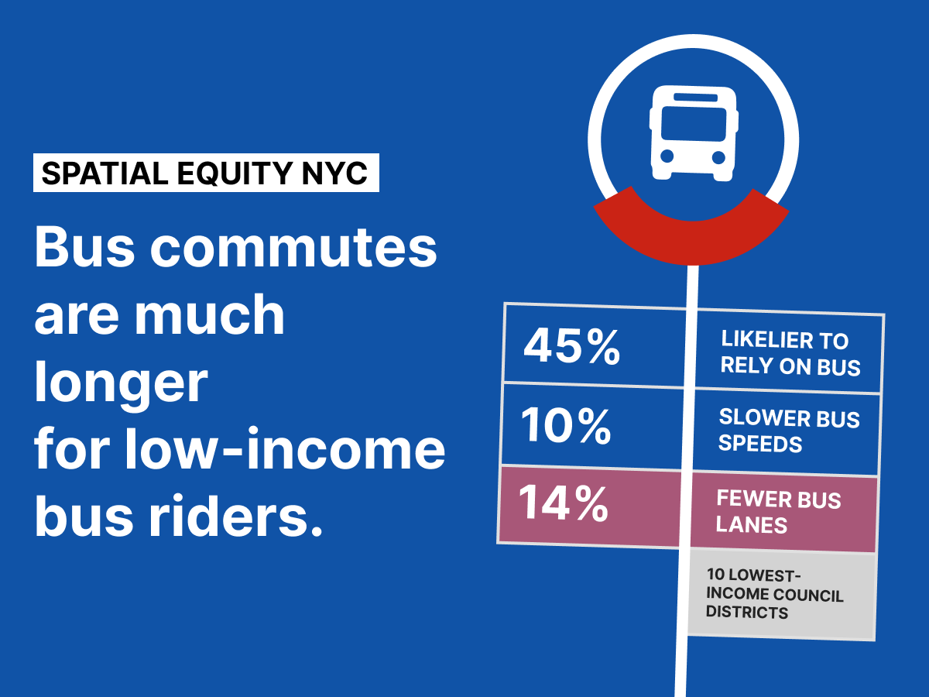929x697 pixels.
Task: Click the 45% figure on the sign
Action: coord(572,347)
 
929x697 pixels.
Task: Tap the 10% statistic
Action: coord(566,425)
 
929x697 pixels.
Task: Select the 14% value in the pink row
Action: coord(564,503)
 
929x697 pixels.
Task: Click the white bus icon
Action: coord(694,133)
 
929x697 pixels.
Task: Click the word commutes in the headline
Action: coord(293,248)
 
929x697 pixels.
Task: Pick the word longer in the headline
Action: coord(121,384)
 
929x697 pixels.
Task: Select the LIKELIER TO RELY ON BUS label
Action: coord(790,353)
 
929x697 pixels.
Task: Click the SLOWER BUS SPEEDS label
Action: coord(789,431)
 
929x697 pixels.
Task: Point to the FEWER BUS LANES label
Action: coord(778,511)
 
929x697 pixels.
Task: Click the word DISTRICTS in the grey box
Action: coord(746,612)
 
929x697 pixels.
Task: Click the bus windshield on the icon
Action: coord(694,123)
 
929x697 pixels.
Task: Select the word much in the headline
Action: coord(210,315)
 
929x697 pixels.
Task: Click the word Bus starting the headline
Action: coord(84,248)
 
